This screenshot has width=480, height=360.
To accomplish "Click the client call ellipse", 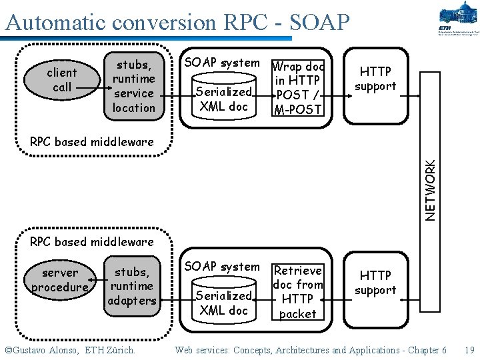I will (x=62, y=80).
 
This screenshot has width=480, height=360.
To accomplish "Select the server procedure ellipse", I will (x=60, y=280).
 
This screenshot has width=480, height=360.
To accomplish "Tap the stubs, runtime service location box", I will (x=134, y=86).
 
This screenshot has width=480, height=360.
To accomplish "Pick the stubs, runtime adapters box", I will (x=132, y=286).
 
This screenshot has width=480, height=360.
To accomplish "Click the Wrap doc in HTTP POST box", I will (x=297, y=88).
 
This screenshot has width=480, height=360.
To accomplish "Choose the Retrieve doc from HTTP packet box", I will (x=297, y=292).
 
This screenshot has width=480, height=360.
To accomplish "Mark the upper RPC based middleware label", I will (x=92, y=141).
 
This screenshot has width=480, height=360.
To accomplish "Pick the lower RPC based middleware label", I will (x=92, y=241).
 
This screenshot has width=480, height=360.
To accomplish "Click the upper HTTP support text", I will (x=375, y=79).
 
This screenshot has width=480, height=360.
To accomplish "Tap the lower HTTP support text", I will (x=375, y=283).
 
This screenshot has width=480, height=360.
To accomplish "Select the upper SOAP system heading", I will (x=222, y=63).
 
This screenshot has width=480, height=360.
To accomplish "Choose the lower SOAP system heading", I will (x=222, y=267).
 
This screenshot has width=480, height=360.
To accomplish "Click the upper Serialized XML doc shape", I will (x=224, y=99).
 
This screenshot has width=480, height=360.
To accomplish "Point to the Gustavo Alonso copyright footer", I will (x=69, y=350).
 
